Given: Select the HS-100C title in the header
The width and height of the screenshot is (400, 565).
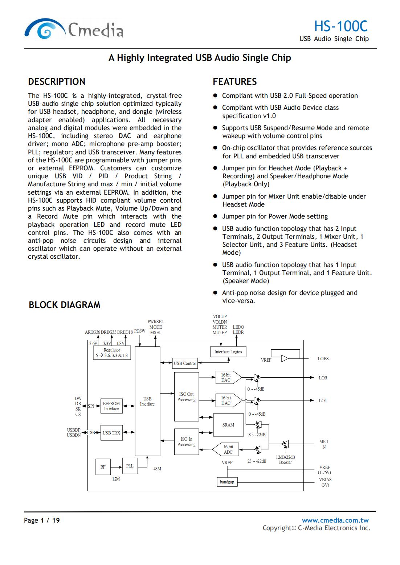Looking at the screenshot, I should [x=340, y=26].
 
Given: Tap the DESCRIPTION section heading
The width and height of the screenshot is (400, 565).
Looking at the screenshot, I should [x=57, y=82].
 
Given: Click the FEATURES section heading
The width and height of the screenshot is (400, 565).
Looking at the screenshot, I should [x=234, y=82].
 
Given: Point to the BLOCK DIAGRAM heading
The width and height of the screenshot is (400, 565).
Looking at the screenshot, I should [x=65, y=305].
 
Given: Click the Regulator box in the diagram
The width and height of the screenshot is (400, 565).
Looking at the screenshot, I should [x=112, y=353].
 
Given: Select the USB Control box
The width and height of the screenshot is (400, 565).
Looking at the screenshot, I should [x=184, y=363].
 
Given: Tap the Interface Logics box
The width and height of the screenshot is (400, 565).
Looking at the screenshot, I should [x=228, y=352].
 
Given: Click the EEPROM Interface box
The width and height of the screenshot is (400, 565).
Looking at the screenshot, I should [x=111, y=406].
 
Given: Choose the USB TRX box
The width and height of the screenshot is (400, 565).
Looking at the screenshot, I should [x=111, y=433].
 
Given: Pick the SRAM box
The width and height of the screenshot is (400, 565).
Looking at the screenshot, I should [x=228, y=425].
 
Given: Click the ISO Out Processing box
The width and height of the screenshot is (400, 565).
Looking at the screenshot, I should [x=186, y=397].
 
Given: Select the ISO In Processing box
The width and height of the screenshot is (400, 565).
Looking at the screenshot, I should [x=186, y=442].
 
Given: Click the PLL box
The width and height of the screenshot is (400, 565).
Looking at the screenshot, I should [x=130, y=466].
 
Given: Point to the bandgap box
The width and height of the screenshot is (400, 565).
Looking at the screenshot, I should [x=227, y=482].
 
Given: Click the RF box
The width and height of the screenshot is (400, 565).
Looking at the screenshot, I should [x=103, y=467].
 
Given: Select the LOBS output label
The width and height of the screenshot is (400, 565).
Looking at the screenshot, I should [x=323, y=359].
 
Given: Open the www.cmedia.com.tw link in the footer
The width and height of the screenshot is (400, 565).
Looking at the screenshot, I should [x=335, y=520].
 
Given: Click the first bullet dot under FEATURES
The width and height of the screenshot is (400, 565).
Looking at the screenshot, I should [x=215, y=96].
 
